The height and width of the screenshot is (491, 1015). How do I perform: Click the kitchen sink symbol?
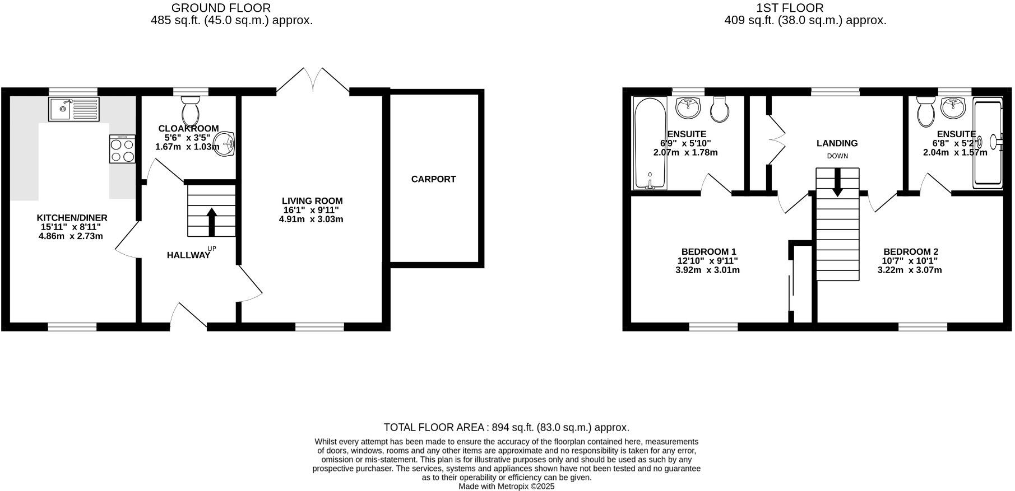coord(73,109)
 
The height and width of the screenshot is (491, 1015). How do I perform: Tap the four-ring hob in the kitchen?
coord(122,149)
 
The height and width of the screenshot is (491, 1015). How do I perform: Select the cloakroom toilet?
coord(191,110)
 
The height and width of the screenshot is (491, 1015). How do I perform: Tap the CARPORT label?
coord(433,179)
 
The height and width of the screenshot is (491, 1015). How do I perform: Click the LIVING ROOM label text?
coord(312,201)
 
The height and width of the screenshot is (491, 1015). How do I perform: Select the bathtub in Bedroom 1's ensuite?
coord(650,143)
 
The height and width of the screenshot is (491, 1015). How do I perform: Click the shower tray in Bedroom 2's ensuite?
coord(988,143)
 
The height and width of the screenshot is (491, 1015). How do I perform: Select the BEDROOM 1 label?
coord(708,252)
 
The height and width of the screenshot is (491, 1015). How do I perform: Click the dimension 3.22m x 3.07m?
coord(909,270)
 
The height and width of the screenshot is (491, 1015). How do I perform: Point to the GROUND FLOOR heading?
coord(221,8)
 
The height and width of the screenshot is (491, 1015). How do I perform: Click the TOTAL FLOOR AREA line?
coord(507,428)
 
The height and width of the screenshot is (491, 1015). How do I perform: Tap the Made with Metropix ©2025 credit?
coord(506,487)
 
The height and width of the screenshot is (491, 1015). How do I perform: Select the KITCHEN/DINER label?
coord(72,218)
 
